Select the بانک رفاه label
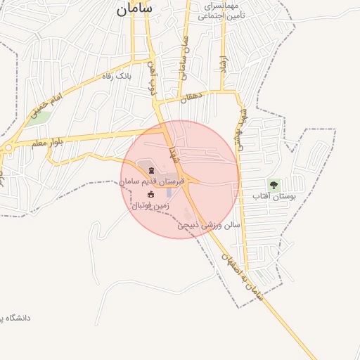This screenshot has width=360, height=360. point(117,76)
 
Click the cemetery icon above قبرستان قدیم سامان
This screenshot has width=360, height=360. point(153,171)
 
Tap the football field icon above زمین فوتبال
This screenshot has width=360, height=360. point(150,194)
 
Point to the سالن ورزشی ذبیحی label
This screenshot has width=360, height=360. point(209,226)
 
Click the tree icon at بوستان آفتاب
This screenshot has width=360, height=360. point(274,185)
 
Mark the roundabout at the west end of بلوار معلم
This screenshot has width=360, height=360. point(8,148)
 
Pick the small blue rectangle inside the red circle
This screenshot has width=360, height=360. point(169,192)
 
